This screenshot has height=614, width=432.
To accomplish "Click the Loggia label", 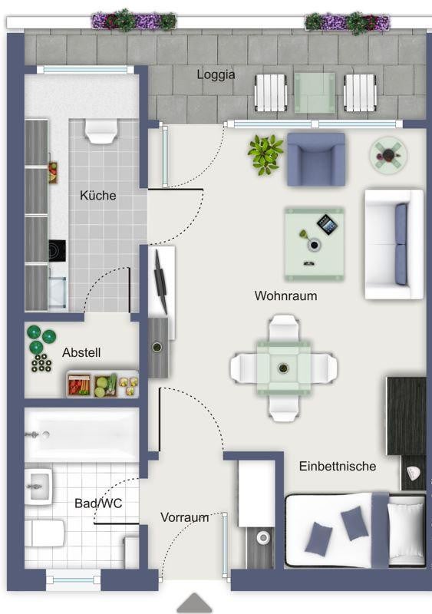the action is tap(216, 74).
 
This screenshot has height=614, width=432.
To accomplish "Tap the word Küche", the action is tap(98, 195).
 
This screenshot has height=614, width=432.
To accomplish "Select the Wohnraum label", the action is tap(285, 295).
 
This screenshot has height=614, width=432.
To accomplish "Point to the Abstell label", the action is tap(81, 352).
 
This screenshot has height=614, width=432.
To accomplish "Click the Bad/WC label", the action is tap(98, 503).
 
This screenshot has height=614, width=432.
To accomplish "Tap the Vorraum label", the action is tap(184, 517).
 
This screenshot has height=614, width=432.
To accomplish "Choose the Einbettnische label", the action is tap(338, 466).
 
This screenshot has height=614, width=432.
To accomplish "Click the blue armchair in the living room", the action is tap(316, 160).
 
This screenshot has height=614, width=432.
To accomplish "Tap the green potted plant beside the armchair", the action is tap(265, 154).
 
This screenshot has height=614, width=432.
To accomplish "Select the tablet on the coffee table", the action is tap(327, 224).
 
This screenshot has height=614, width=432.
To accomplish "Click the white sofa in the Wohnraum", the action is tap(394, 245).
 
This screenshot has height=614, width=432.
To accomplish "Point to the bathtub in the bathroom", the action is tap(82, 434).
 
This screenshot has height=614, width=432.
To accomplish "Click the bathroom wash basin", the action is tap(38, 487).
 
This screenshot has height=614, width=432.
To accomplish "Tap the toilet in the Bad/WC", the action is tap(45, 533).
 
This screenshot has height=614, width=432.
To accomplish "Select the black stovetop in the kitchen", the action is tap(58, 251).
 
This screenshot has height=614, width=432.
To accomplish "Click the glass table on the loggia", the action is tap(315, 93).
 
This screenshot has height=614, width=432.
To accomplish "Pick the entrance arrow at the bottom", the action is tap(194, 602).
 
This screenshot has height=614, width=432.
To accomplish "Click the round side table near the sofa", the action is tap(388, 155).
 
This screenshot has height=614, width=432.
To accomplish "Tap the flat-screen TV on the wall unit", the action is tap(161, 282).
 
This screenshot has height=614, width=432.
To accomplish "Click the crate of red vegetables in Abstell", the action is tap(79, 385).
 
